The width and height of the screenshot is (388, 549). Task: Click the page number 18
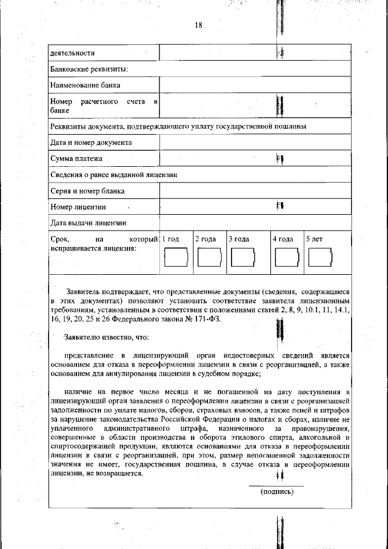[198, 25]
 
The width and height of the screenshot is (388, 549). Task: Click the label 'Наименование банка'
[85, 85]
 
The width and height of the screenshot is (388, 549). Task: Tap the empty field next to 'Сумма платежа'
[255, 159]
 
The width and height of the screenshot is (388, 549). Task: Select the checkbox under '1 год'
[176, 259]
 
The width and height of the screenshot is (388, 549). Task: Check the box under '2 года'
[209, 259]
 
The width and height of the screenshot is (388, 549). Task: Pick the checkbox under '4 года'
[286, 259]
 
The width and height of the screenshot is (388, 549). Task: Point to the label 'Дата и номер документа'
[91, 143]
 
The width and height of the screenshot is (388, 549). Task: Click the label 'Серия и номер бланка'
[88, 191]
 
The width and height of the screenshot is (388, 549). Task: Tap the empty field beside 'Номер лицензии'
[255, 207]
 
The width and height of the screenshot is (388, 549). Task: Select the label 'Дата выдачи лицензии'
[89, 223]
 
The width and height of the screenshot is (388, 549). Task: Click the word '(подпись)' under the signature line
[277, 492]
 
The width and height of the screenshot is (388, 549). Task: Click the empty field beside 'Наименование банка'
[255, 85]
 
